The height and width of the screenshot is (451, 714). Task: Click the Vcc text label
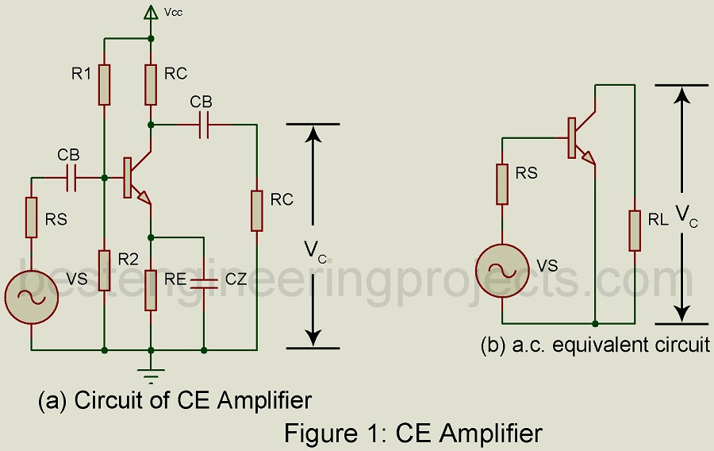(x=174, y=12)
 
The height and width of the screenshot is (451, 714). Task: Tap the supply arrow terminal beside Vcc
(x=151, y=12)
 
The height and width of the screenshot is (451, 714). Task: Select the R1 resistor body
(x=104, y=83)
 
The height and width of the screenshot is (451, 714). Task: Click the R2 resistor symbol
(x=104, y=271)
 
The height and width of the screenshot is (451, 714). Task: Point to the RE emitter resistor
(x=151, y=290)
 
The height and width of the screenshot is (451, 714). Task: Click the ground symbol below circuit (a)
(x=151, y=366)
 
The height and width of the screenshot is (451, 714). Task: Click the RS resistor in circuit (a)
(x=31, y=217)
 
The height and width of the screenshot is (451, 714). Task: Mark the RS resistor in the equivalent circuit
(x=502, y=183)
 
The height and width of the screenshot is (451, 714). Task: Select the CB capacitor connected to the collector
(x=204, y=125)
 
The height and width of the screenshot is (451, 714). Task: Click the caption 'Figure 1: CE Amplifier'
(x=413, y=434)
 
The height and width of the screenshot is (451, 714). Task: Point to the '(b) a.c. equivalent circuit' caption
(x=595, y=346)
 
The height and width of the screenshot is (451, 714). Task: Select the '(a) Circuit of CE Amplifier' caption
(x=175, y=399)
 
